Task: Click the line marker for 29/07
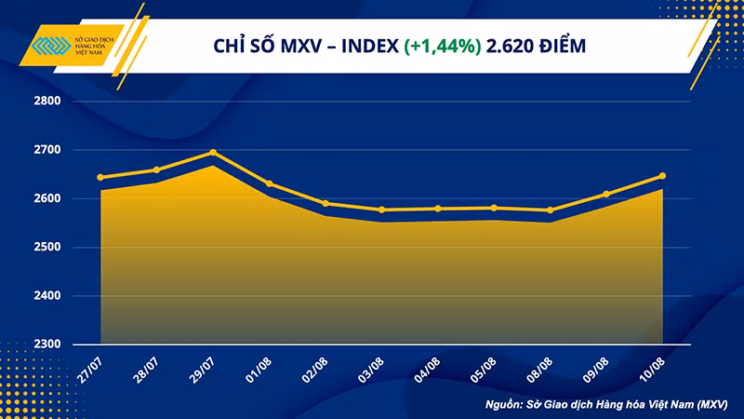coord(213,153)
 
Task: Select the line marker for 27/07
coord(100,177)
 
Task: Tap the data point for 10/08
coord(662,175)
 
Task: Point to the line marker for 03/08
coord(381,209)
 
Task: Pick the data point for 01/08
coord(270,183)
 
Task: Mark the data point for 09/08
coord(606,194)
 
